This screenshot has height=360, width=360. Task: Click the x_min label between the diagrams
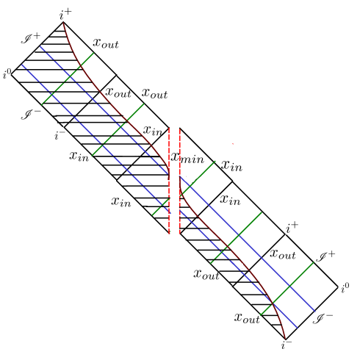coord(187,158)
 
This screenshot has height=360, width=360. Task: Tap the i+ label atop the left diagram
coord(65,15)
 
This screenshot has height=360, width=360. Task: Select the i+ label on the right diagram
coord(292,228)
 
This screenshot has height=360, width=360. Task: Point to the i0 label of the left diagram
coord(7,74)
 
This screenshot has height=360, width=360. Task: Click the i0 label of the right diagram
coord(345,288)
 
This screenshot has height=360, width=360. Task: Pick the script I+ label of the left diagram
coord(31,38)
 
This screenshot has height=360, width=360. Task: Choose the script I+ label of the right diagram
coord(325,256)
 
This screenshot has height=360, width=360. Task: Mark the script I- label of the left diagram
coord(31,115)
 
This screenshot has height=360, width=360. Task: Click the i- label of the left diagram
coord(60,134)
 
